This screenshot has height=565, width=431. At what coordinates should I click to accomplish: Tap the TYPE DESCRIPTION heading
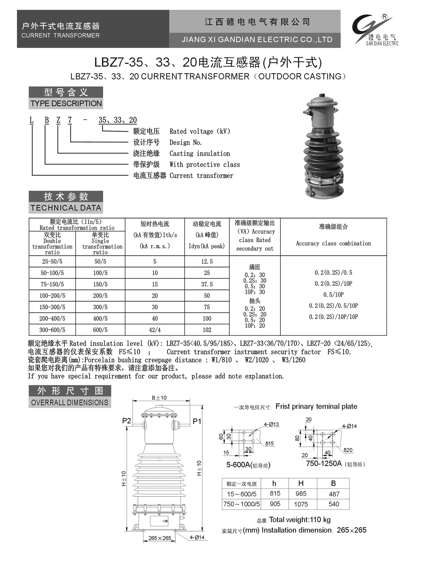66,104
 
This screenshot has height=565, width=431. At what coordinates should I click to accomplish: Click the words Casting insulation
200,153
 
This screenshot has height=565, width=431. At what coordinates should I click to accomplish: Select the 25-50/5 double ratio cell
52,262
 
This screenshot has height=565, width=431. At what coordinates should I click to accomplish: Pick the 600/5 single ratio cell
100,330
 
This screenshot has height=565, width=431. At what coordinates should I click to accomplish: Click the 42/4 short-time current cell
155,330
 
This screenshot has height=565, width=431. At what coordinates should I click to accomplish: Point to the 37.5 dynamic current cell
207,284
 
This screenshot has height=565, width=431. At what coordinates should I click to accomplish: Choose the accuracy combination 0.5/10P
333,295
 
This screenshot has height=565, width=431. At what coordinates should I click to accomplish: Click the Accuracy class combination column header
333,243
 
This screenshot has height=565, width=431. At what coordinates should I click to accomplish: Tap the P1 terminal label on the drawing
197,421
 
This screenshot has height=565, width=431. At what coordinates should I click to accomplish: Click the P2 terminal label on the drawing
126,421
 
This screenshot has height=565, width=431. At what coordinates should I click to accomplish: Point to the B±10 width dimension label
159,398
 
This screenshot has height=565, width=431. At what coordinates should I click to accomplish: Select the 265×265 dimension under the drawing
160,538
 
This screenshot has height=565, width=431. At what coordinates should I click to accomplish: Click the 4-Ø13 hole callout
271,424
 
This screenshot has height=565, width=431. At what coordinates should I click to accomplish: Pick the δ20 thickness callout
348,450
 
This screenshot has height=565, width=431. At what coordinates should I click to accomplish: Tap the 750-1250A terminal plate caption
324,463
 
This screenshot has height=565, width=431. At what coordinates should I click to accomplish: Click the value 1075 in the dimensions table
301,504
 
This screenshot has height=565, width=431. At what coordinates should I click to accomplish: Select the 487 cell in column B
334,494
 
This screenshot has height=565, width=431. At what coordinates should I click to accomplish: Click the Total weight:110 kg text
300,520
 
